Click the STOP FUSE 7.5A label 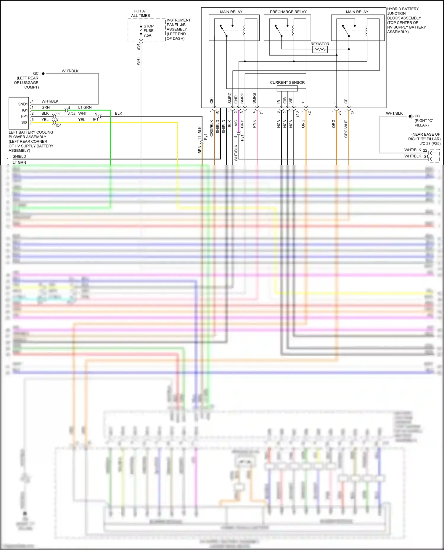coord(148,31)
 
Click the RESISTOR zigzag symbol coord(320,50)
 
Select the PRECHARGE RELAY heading coord(288,12)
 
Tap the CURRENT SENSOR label coord(287,82)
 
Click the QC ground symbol coord(43,74)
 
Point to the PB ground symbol coord(411,116)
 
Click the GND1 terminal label coord(23,104)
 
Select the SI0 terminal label coord(24,122)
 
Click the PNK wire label coord(254,124)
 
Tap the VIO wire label coord(236,123)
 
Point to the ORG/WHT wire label coord(346,129)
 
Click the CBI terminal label coord(212,100)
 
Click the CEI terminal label coord(346,100)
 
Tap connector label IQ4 coord(59,126)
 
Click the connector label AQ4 coord(72,114)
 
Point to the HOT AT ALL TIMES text coord(140,13)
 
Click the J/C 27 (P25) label coord(430,144)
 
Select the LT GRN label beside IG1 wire coord(85,107)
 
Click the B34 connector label coord(138,47)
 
